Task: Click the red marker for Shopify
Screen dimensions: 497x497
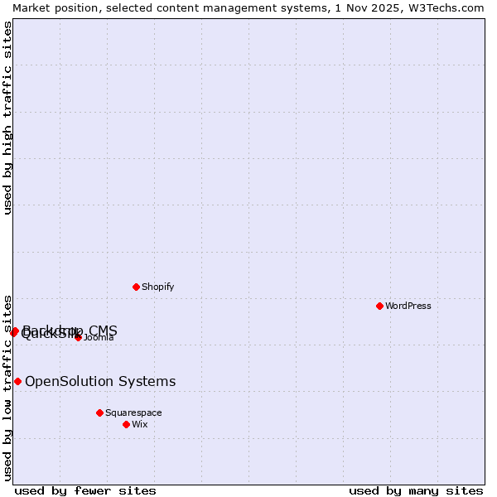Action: pyautogui.click(x=136, y=287)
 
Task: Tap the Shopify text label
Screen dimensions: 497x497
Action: pyautogui.click(x=158, y=287)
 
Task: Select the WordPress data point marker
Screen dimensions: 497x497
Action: pyautogui.click(x=379, y=306)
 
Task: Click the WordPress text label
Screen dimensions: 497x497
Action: pyautogui.click(x=408, y=306)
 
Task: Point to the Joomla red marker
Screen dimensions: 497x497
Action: pyautogui.click(x=78, y=337)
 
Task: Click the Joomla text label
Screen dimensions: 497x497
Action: pyautogui.click(x=99, y=337)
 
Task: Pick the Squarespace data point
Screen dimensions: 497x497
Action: pyautogui.click(x=99, y=413)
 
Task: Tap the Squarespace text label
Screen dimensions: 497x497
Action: pyautogui.click(x=133, y=413)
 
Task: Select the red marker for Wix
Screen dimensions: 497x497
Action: pyautogui.click(x=126, y=424)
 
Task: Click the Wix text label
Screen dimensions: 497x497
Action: pyautogui.click(x=140, y=424)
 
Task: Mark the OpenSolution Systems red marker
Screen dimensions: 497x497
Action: pyautogui.click(x=17, y=381)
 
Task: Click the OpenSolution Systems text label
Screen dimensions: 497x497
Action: pyautogui.click(x=100, y=381)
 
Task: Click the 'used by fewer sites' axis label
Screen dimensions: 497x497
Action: pyautogui.click(x=85, y=490)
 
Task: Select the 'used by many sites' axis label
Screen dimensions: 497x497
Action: pyautogui.click(x=416, y=490)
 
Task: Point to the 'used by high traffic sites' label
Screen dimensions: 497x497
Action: pyautogui.click(x=8, y=118)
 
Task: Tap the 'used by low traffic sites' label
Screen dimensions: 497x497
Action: pyautogui.click(x=8, y=387)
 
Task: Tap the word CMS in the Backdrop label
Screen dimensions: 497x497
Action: pyautogui.click(x=103, y=331)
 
